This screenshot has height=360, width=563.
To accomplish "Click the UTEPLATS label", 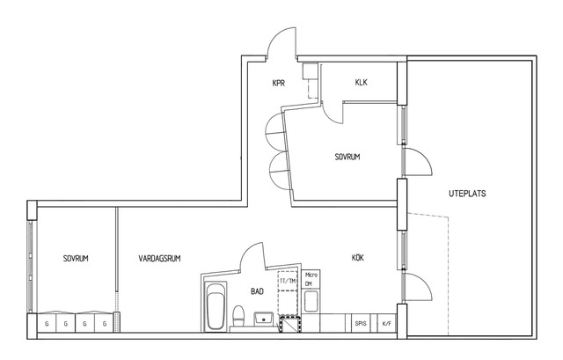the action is tap(467, 194).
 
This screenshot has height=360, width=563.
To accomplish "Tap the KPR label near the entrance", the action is tap(279, 83).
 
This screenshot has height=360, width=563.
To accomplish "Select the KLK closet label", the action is tap(362, 82).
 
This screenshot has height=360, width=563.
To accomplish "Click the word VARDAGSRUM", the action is tap(159, 258).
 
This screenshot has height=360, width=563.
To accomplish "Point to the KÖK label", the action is tap(358, 258).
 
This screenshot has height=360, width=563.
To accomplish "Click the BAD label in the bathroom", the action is tap(257, 291).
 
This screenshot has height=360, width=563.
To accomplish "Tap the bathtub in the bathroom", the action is tap(216, 305).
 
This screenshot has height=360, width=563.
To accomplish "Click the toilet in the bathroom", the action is tap(238, 316).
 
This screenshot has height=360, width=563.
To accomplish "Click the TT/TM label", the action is tap(288, 281).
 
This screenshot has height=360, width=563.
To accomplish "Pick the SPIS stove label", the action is tap(361, 323).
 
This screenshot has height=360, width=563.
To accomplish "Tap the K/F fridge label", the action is tap(386, 324).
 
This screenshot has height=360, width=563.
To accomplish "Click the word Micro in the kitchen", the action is tap(311, 276).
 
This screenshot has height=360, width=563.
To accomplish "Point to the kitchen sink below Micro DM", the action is tap(311, 301).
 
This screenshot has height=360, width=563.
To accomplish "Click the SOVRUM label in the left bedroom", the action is tap(76, 258).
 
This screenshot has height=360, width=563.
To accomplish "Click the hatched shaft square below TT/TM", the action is tap(290, 324).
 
